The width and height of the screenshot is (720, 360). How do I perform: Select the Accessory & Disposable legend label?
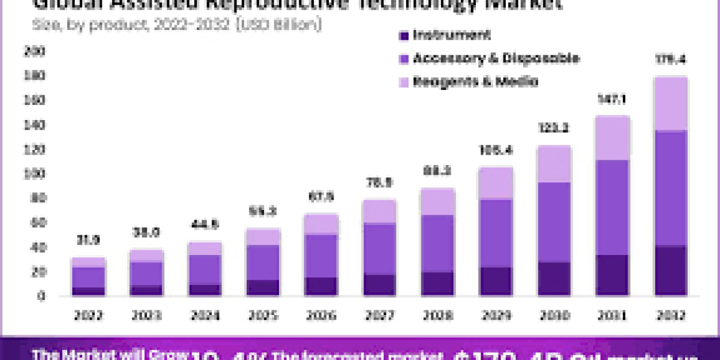click(x=496, y=58)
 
